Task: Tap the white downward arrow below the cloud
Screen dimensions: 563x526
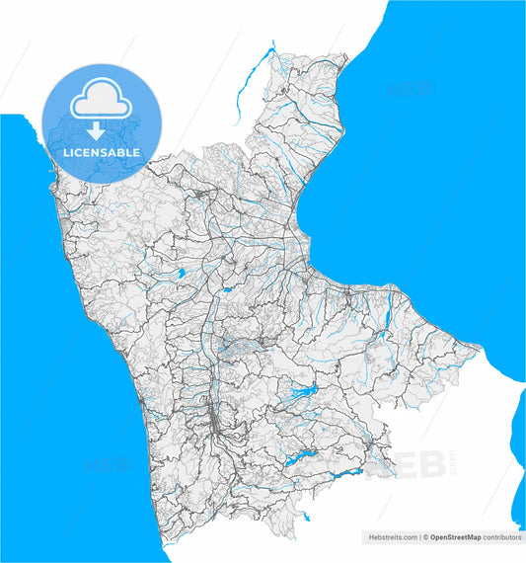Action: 96,130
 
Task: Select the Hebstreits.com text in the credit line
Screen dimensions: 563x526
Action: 391,537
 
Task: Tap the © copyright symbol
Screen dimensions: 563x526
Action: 424,537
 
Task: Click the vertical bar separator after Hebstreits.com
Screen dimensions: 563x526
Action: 417,537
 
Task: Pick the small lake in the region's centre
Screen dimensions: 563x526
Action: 227,291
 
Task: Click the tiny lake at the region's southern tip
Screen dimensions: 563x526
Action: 306,517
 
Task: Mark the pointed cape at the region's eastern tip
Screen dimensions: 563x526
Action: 480,347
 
